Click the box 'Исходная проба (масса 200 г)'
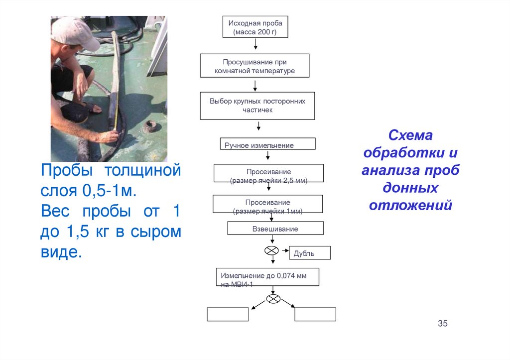255,27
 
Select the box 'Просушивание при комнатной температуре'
255,66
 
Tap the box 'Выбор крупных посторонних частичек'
257,106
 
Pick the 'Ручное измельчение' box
267,144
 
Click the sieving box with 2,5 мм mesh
268,173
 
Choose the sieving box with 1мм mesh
268,204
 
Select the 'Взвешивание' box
275,229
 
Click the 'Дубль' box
310,253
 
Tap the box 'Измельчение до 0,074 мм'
268,277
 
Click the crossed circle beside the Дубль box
271,250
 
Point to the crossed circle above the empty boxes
273,299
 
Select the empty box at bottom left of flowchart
228,314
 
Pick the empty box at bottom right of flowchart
315,314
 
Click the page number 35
443,324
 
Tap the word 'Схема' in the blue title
411,135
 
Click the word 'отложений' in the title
411,205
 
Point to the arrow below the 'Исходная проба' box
255,44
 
